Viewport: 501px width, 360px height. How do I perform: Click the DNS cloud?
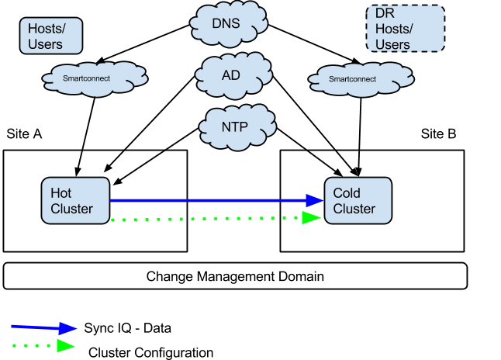(226, 24)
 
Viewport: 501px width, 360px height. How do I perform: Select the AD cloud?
(230, 75)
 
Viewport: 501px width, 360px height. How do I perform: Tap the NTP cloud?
(237, 125)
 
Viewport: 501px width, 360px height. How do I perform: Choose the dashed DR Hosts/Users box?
(405, 29)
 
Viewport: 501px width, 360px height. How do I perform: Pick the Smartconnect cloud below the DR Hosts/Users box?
(361, 79)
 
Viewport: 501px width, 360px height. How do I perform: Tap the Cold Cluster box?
(358, 201)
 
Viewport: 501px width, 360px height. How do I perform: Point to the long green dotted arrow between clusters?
(209, 219)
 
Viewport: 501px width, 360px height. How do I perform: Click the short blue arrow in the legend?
(43, 327)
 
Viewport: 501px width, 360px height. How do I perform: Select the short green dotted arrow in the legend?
(43, 344)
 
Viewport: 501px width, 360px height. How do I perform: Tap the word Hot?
(61, 193)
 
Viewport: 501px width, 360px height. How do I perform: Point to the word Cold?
(347, 193)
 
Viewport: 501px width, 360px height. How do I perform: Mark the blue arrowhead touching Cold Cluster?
(313, 200)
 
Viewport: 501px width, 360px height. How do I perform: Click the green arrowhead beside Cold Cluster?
(312, 218)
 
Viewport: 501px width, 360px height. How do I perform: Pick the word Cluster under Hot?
(71, 209)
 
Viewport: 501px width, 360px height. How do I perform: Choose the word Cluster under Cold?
(354, 209)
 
